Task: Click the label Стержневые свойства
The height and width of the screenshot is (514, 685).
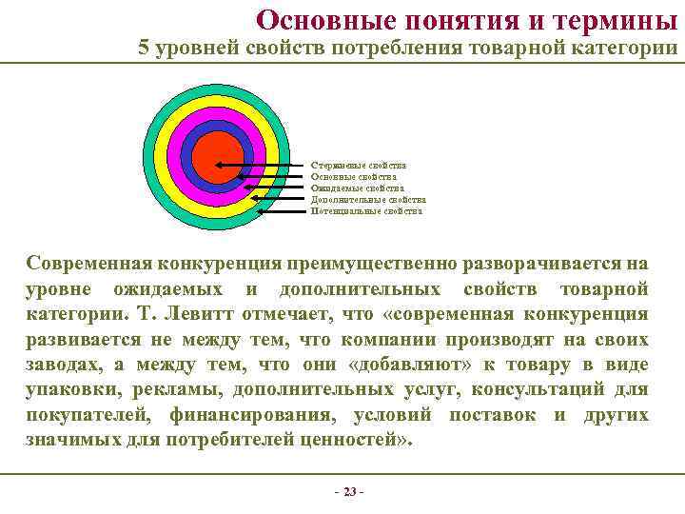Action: point(359,166)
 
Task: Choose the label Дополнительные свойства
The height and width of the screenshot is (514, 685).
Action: point(368,200)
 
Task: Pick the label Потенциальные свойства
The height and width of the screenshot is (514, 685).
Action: point(366,211)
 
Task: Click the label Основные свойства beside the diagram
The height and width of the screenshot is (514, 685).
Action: point(354,177)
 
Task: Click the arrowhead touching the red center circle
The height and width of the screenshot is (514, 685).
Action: point(220,166)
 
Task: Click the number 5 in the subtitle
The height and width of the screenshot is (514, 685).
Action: point(144,49)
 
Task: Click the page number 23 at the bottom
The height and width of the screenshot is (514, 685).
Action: point(348,492)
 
